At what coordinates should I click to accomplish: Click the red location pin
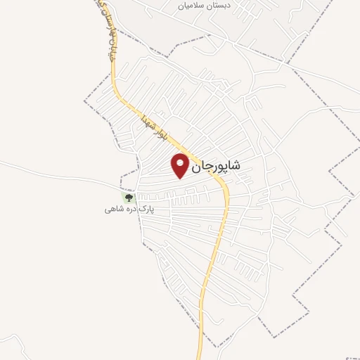point(181,165)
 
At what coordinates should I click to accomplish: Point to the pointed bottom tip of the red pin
point(181,177)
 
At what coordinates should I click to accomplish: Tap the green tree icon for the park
point(128,198)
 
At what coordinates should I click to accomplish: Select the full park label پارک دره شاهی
point(129,210)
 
